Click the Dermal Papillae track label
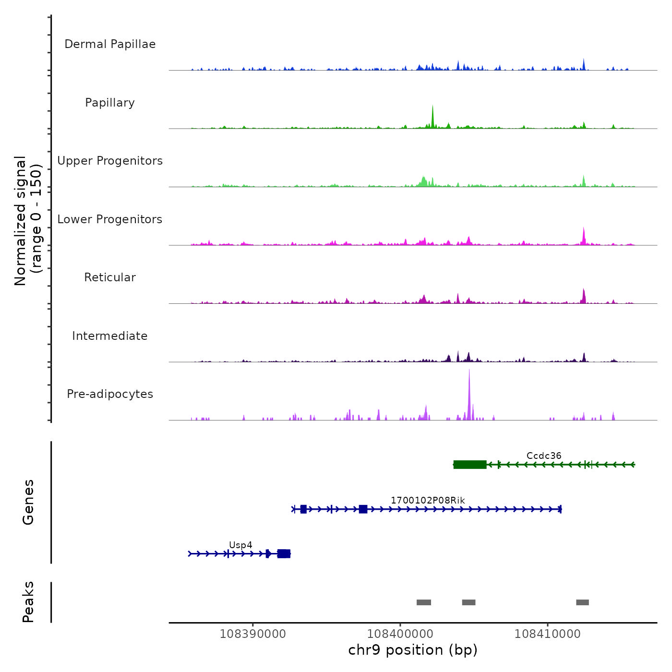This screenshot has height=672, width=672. pos(110,44)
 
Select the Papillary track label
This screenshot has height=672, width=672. pos(110,103)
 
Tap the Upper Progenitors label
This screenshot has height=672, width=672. pos(110,161)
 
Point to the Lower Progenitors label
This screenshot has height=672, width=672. pos(110,219)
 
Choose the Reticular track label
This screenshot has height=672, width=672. pos(110,277)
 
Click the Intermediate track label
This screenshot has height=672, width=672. pos(110,336)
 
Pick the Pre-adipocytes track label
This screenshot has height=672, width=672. pos(110,394)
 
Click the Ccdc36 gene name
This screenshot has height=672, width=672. pos(543,456)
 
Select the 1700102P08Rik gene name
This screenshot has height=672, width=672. pos(428,500)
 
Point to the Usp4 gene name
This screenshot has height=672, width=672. pos(240,545)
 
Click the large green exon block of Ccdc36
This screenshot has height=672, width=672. pos(470,464)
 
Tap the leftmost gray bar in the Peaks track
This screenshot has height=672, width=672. pos(423,602)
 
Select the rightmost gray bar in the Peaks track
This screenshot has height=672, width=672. pos(582,602)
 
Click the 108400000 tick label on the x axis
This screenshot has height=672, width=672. pos(400,634)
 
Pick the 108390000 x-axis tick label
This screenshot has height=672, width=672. pos(252,634)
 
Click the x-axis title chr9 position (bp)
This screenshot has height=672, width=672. pos(413,650)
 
